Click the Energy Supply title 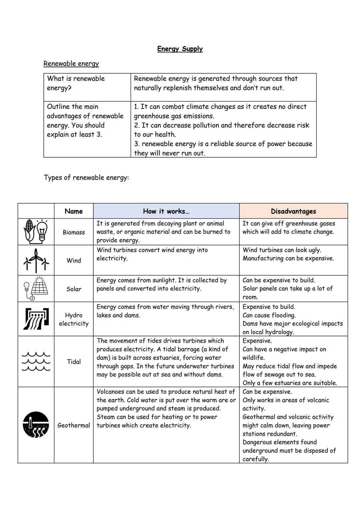click(180, 49)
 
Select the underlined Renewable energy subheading click(71, 64)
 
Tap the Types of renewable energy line click(86, 177)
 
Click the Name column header click(74, 211)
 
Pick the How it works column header click(166, 211)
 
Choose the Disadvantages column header click(293, 211)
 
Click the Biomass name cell click(74, 232)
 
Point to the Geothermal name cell click(74, 425)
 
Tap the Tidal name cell click(74, 362)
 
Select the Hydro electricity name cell click(74, 319)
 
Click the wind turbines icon click(36, 260)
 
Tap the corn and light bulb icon click(36, 232)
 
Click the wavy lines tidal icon click(36, 361)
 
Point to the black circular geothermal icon click(36, 425)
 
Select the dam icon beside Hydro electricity click(36, 319)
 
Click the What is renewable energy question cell click(76, 83)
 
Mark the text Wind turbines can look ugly click(282, 250)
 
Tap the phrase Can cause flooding click(269, 315)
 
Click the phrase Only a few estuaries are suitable click(290, 383)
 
